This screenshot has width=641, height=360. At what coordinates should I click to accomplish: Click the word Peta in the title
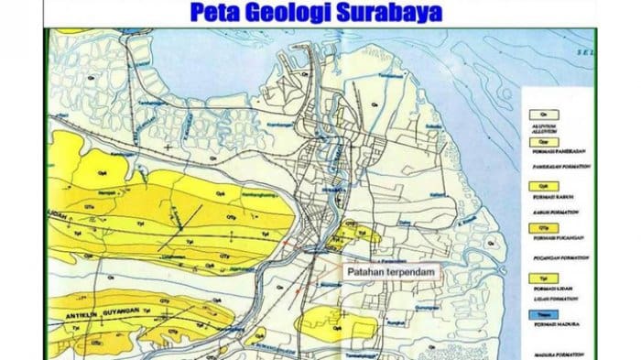(x=217, y=13)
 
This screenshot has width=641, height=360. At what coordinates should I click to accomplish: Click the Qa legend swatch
(x=533, y=105)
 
